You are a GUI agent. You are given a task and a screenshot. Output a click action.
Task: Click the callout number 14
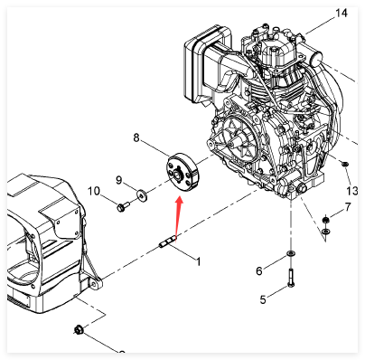tap(342, 14)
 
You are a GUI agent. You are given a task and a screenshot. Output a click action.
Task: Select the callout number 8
tap(136, 137)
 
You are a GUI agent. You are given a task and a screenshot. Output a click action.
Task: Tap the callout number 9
tap(119, 180)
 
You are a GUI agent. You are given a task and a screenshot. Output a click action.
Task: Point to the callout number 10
tap(93, 191)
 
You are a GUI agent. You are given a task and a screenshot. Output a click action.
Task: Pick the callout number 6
tap(259, 270)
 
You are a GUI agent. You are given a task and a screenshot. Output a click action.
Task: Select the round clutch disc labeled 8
tap(182, 173)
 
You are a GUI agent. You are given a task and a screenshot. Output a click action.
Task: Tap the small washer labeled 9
tap(141, 195)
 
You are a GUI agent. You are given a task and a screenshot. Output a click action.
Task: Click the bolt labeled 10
tap(122, 206)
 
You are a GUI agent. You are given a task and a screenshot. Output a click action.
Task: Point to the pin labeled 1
tap(167, 242)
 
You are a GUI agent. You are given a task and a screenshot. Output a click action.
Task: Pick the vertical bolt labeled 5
tap(291, 278)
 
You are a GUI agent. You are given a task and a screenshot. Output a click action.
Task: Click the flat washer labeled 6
tap(291, 253)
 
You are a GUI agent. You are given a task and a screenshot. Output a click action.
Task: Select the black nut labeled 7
tap(325, 220)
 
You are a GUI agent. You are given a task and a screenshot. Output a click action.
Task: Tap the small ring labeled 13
tap(345, 164)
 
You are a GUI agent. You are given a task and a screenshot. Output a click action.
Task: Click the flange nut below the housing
tap(79, 329)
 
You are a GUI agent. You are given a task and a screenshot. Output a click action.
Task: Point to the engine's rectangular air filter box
tap(205, 66)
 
